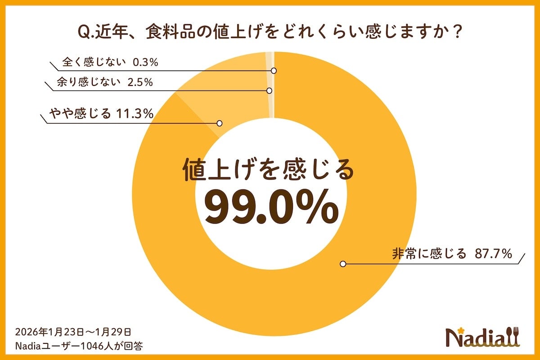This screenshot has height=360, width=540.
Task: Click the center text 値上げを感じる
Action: [x=269, y=171]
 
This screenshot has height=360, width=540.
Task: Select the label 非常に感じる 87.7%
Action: [x=453, y=254]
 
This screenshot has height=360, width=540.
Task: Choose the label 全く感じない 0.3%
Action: [x=110, y=63]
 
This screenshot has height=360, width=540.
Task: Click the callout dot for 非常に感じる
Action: [x=343, y=264]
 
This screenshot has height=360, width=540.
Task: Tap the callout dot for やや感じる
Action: [x=220, y=123]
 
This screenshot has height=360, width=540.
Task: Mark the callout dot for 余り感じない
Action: [x=269, y=90]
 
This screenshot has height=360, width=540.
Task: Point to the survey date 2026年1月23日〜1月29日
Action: [x=73, y=332]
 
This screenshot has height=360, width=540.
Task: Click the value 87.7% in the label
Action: [x=494, y=254]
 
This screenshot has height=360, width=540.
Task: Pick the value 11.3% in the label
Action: [x=135, y=114]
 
